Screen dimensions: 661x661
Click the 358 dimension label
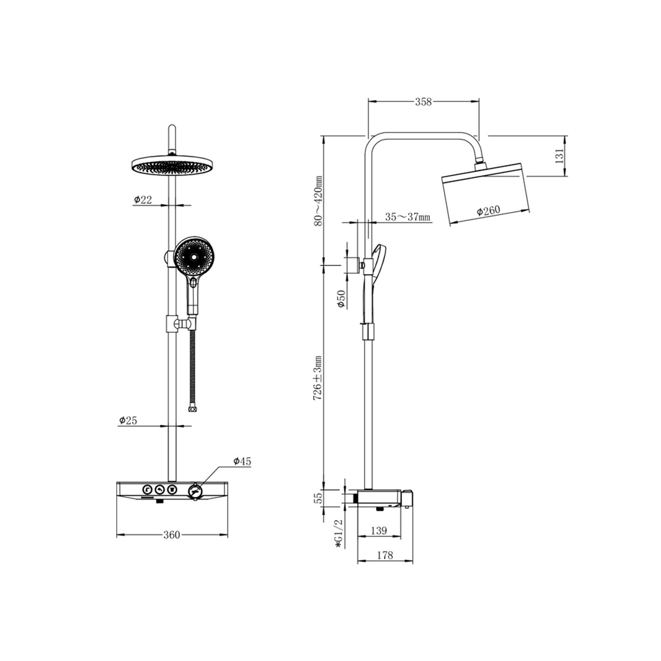(x=423, y=102)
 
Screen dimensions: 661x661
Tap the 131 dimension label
(x=559, y=156)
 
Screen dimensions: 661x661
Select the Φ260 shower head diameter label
(x=489, y=210)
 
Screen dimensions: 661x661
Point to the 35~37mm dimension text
(x=407, y=217)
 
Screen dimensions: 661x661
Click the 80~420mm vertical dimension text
(x=319, y=201)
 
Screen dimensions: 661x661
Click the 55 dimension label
(x=319, y=497)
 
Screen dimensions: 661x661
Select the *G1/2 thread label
(x=339, y=538)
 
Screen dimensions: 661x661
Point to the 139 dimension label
(x=378, y=530)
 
